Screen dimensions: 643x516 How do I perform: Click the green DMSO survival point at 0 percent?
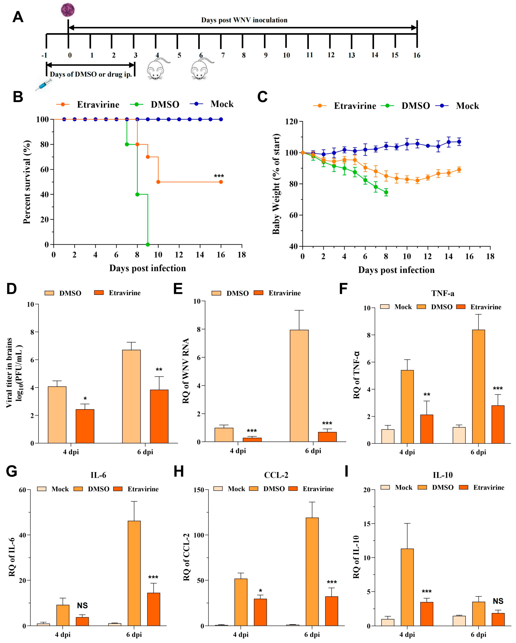point(148,245)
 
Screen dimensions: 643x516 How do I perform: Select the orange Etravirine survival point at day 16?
point(221,182)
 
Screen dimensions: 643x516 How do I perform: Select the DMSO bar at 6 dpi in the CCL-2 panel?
point(312,572)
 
